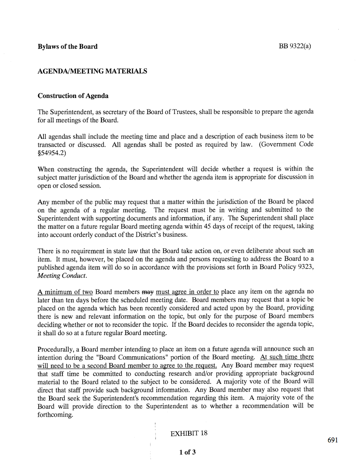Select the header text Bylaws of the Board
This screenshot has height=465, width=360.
(67, 47)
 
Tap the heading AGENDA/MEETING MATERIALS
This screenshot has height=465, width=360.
(92, 71)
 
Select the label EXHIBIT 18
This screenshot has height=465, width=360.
(189, 433)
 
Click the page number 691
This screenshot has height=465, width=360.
(333, 440)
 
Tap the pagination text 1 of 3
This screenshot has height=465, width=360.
(188, 452)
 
